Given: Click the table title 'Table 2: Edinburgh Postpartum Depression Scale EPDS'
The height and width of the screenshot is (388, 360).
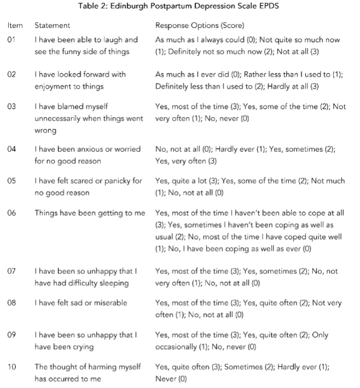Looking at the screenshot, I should [x=180, y=7].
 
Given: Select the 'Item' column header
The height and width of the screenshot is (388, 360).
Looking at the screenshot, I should [x=15, y=26].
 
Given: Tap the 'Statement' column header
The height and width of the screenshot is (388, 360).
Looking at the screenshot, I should [x=52, y=26].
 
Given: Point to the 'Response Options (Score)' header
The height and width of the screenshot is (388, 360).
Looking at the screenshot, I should [x=199, y=26].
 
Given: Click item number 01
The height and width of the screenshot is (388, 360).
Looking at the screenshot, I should [x=12, y=40].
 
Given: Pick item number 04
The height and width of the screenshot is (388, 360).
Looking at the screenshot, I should [x=12, y=149].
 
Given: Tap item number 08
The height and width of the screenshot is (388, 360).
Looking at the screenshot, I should [x=12, y=303].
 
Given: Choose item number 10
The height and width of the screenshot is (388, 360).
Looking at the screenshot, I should [x=12, y=366].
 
